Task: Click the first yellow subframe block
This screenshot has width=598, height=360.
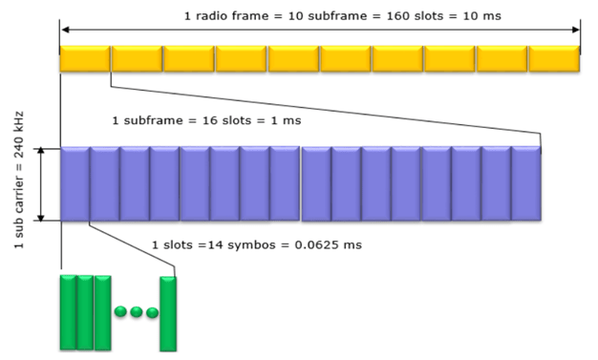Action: (x=85, y=58)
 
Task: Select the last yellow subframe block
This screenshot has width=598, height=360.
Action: (x=554, y=58)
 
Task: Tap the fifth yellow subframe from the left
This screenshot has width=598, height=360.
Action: (x=293, y=58)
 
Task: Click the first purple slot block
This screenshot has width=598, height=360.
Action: (x=75, y=183)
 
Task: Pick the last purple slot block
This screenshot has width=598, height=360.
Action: (x=526, y=183)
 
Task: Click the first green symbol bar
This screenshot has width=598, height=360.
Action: (x=68, y=312)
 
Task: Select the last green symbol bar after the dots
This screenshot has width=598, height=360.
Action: (x=169, y=312)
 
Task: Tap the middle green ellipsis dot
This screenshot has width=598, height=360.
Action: (x=137, y=312)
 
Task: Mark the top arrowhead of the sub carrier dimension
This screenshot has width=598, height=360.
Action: (x=41, y=152)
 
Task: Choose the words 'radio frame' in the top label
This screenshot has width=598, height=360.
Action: (x=228, y=16)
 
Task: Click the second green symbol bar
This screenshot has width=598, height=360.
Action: (x=85, y=312)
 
